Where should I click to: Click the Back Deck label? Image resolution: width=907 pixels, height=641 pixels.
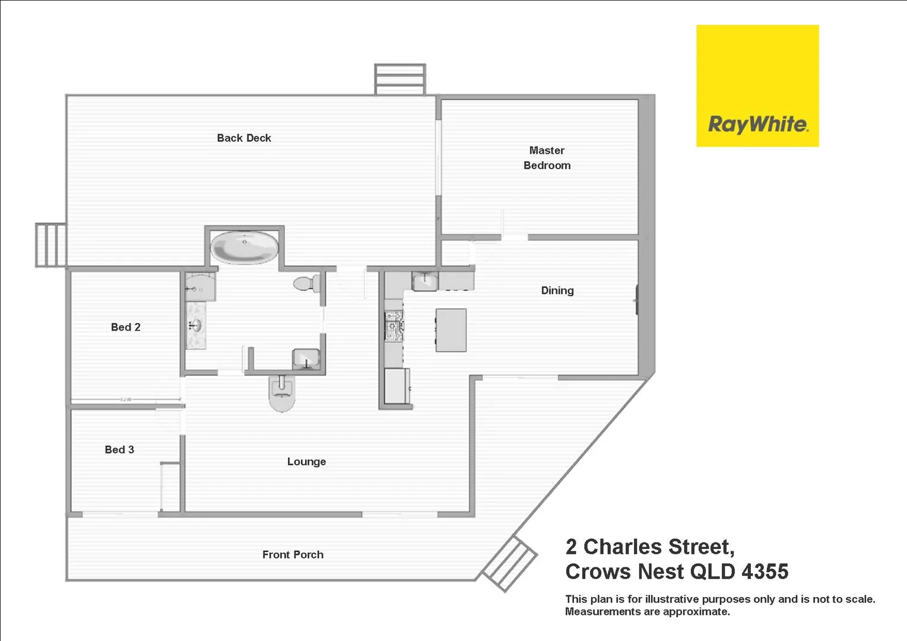[x=244, y=138]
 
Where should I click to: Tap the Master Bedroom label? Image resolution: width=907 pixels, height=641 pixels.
[x=547, y=158]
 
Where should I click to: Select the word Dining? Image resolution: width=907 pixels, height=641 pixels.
[x=557, y=291]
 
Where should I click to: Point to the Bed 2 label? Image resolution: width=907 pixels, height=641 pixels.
[x=125, y=327]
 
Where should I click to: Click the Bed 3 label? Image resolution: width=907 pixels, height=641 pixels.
[x=119, y=449]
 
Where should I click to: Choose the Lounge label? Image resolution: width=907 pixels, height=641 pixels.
[x=306, y=462]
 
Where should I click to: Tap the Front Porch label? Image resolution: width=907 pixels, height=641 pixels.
[x=293, y=555]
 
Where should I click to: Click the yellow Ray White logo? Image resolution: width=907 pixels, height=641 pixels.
[x=757, y=86]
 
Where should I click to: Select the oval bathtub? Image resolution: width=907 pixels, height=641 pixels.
[x=245, y=247]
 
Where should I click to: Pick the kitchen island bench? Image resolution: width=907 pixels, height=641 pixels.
[x=451, y=330]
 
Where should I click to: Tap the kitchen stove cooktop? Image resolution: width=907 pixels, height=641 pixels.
[x=394, y=326]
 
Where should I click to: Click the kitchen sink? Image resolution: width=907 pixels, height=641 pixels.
[x=425, y=281]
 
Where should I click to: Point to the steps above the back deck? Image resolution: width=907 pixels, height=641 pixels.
[x=400, y=80]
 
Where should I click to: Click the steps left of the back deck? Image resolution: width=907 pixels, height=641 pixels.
[x=51, y=245]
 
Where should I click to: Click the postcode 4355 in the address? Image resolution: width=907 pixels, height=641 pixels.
[x=765, y=572]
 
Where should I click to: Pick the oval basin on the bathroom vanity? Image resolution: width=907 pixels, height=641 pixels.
[x=196, y=325]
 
